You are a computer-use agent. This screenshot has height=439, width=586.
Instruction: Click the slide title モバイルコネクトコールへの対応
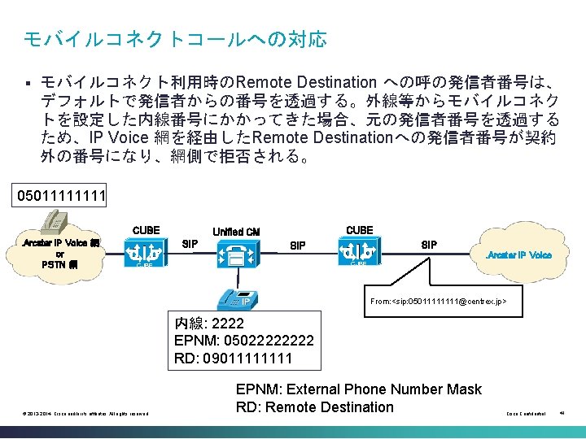tap(175, 38)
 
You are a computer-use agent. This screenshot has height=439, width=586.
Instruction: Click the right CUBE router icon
tap(359, 251)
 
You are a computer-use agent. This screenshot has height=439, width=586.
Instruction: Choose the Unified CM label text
tap(235, 232)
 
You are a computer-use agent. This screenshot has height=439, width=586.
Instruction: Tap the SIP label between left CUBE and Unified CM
tap(190, 243)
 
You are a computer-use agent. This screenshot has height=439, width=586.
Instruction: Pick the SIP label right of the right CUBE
tap(428, 243)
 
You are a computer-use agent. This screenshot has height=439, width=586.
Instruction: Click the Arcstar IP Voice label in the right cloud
tap(518, 254)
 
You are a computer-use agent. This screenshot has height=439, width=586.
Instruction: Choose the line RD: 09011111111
tap(233, 358)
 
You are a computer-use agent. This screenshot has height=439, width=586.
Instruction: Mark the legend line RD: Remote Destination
tap(314, 407)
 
